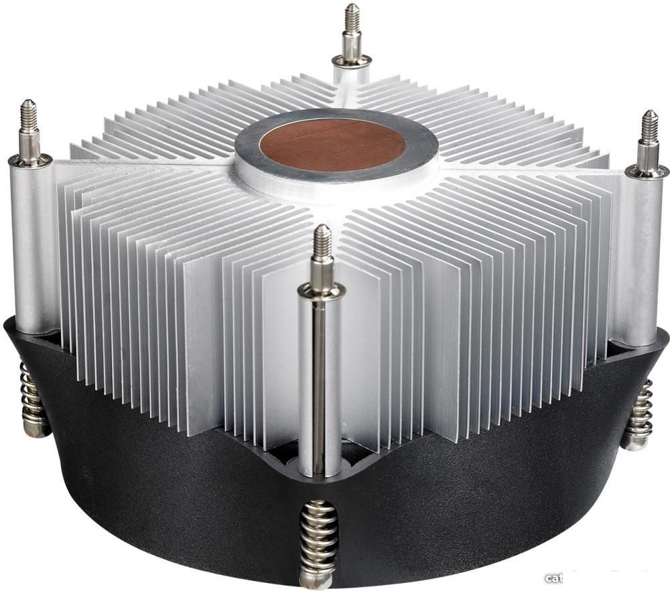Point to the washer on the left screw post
point(30,161)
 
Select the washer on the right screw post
point(647,172)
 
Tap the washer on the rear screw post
point(352,62)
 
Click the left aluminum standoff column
point(33,248)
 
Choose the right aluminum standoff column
point(636,261)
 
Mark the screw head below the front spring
point(316,578)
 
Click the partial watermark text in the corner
point(555,578)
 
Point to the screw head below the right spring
point(632,442)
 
